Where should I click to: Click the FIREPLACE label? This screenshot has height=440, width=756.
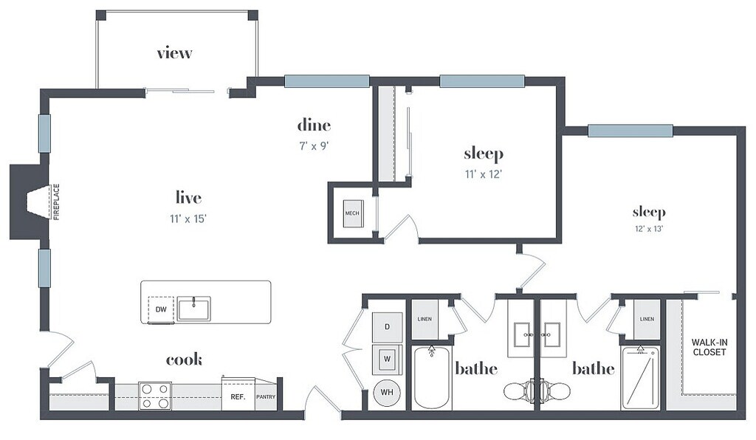pos(56,202)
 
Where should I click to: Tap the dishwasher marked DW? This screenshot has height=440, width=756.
pos(161,309)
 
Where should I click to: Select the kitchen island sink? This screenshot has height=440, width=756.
pos(194,309)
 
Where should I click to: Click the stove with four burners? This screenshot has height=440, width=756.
pos(155,396)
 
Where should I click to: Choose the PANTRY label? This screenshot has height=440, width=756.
pos(266,396)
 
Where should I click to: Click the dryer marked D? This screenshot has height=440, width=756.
pos(387,327)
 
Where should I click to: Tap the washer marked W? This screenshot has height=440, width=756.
pos(387,359)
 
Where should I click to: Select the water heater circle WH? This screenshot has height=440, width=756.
pos(387,392)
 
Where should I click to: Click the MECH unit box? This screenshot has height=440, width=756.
pos(352,213)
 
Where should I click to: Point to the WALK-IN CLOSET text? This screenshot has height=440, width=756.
pos(709,347)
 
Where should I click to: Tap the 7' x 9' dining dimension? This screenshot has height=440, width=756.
pos(314,145)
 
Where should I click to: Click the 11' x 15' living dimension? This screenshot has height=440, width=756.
pos(188,219)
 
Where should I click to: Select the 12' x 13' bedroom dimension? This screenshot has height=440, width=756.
pos(649,229)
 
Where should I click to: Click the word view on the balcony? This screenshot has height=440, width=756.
pos(174,52)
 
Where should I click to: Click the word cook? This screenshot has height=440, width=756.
pos(184,360)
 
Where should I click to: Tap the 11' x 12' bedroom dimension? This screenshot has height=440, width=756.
pos(484,174)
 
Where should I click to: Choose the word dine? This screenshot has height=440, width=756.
pos(314,126)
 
